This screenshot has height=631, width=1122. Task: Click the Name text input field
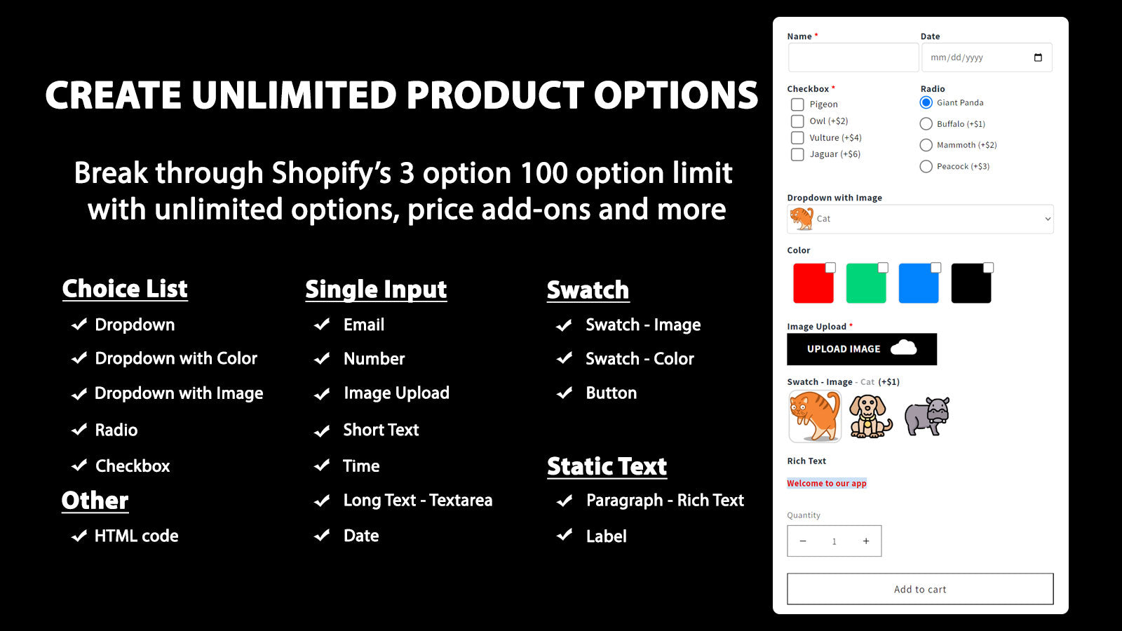(x=853, y=57)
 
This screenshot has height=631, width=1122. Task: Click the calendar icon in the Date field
(x=1038, y=57)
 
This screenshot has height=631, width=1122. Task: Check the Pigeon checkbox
(x=797, y=104)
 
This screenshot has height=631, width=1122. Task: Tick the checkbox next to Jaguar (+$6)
(x=797, y=154)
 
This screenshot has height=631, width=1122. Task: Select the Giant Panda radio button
(x=926, y=102)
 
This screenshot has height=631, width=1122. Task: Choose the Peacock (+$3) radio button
(x=926, y=166)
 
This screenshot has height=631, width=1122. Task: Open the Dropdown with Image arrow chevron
(x=1048, y=219)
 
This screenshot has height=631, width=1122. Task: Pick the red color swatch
(x=813, y=283)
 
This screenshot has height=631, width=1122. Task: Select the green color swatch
(x=866, y=283)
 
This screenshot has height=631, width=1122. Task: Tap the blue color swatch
(x=919, y=283)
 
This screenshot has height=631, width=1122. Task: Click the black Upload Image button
(x=862, y=349)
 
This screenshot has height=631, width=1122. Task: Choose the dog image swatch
(x=870, y=416)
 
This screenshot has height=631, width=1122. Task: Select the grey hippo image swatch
(x=926, y=416)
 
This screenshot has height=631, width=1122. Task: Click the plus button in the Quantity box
(x=866, y=541)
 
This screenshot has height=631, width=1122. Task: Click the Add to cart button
(x=920, y=589)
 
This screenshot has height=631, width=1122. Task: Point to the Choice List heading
(x=125, y=289)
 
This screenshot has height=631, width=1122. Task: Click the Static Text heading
(x=607, y=466)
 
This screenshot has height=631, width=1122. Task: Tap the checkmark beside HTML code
(x=79, y=536)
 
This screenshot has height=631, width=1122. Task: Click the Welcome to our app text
(x=827, y=483)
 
